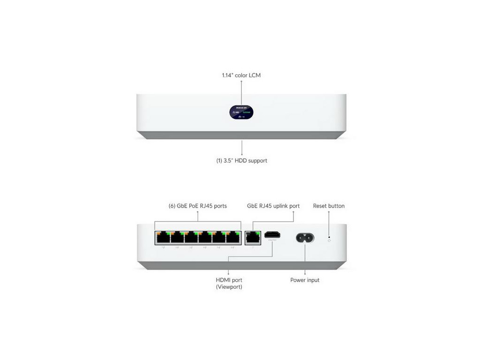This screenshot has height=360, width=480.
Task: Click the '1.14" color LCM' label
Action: pos(241,75)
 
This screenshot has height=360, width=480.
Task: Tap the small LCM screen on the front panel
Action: pos(242,112)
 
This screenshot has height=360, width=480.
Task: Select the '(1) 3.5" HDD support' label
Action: pos(241,160)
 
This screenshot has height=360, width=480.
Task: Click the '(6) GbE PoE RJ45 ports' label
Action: pos(197,206)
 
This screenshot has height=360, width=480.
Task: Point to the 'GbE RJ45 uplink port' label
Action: pos(273,206)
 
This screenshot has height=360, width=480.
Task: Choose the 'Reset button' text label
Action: pos(329,206)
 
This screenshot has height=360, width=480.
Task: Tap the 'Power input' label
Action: pos(305,280)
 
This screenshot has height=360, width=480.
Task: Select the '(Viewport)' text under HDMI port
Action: pos(229,287)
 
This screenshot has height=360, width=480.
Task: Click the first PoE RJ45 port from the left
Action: pos(163,238)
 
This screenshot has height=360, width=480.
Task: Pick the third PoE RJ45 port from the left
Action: pos(191,238)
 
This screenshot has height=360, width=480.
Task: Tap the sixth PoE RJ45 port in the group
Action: pos(232,238)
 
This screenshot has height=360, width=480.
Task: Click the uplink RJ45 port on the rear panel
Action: pos(253,238)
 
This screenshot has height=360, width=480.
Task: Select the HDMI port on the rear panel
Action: pos(272,235)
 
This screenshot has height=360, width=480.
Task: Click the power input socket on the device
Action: pos(305,238)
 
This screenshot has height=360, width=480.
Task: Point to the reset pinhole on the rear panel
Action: pos(329,240)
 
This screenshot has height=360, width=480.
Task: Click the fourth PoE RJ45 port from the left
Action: pos(205,238)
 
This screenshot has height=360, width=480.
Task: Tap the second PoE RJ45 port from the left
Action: pos(177,238)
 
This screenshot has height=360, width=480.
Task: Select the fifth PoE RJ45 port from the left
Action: pos(218,238)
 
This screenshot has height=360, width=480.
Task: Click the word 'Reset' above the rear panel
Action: pos(321,206)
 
